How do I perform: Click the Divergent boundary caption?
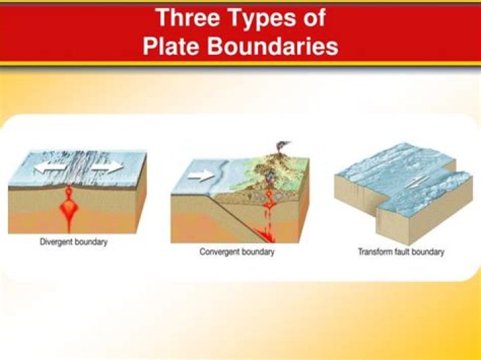click(x=73, y=242)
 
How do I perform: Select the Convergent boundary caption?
click(x=237, y=252)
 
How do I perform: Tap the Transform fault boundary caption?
click(x=402, y=252)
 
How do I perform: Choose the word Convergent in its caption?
click(x=220, y=252)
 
